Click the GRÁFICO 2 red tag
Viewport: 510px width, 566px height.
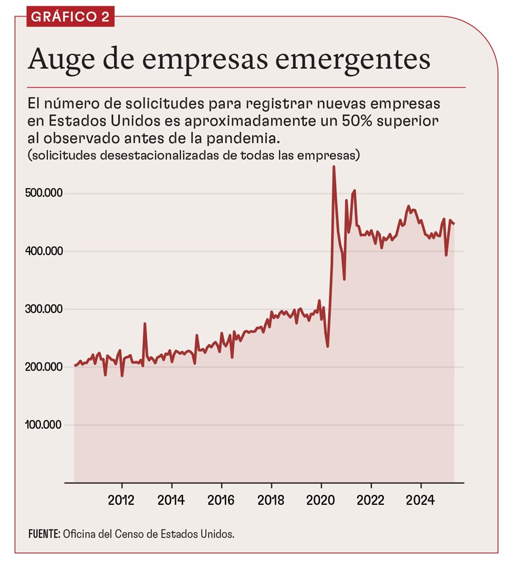click(70, 16)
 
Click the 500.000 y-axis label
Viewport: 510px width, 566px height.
click(45, 193)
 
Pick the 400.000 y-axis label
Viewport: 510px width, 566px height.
click(45, 251)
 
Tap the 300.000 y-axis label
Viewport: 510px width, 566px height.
click(45, 309)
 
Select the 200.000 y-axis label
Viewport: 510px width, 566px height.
click(45, 367)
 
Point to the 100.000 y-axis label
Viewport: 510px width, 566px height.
click(45, 425)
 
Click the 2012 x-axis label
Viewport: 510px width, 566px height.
click(121, 500)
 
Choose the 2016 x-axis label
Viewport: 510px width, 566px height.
click(221, 500)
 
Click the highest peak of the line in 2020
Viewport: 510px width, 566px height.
click(333, 167)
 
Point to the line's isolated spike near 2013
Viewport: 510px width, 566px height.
click(145, 324)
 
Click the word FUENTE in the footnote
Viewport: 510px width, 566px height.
click(44, 534)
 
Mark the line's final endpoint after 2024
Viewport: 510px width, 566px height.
click(454, 223)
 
